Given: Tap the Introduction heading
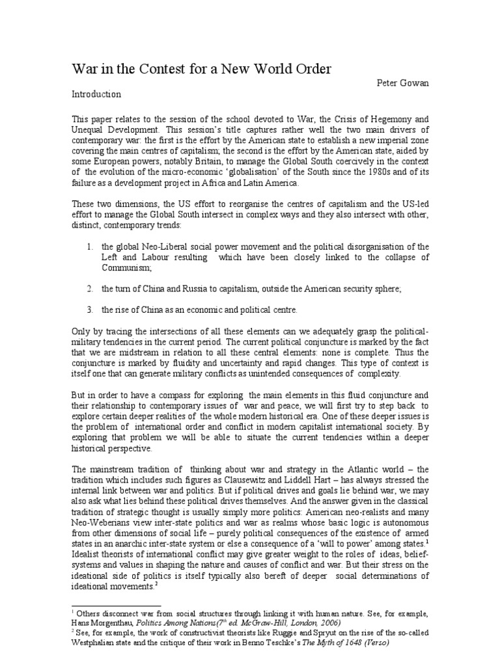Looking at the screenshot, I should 96,94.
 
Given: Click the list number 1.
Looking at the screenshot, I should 89,247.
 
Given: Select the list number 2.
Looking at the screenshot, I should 89,287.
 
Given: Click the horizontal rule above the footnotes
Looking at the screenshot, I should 110,604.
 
